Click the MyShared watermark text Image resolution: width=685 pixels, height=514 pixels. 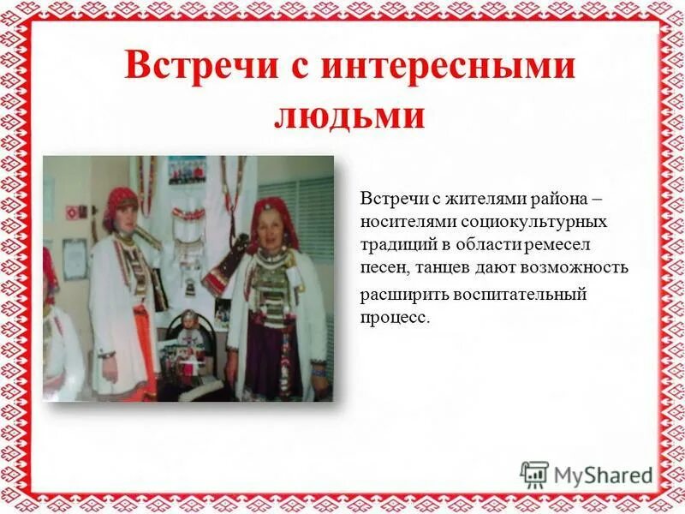(603, 475)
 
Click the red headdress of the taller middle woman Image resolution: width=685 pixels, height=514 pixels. (122, 201)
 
